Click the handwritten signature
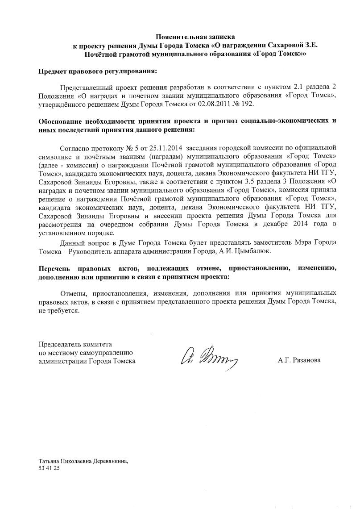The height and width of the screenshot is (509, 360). pyautogui.click(x=208, y=358)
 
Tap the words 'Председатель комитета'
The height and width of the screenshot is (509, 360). pyautogui.click(x=75, y=344)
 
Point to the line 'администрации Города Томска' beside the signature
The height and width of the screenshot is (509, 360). pyautogui.click(x=87, y=360)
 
